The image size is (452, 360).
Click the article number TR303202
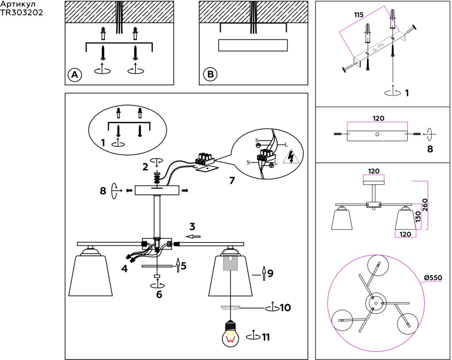pos(21,13)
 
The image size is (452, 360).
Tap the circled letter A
pos(75,75)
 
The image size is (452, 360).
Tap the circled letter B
pos(210,75)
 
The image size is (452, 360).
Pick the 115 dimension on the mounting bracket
pos(358,15)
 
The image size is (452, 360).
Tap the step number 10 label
pos(286,308)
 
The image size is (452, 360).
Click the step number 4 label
pos(124,268)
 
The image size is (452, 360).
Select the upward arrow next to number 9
pos(264,273)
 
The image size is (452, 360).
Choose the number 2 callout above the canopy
pos(145,167)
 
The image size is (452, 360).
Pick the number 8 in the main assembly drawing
pos(103,190)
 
